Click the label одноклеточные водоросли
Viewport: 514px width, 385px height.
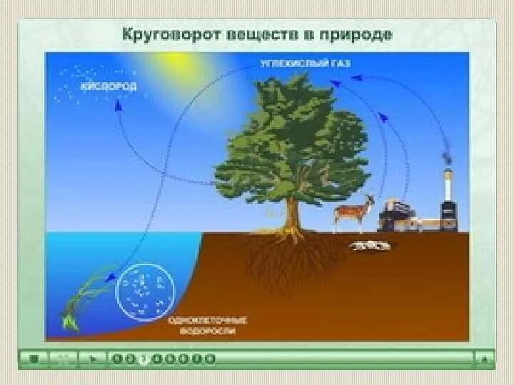(x=202, y=325)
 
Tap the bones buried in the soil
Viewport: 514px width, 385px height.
(x=369, y=245)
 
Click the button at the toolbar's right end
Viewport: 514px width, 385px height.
(x=485, y=359)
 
